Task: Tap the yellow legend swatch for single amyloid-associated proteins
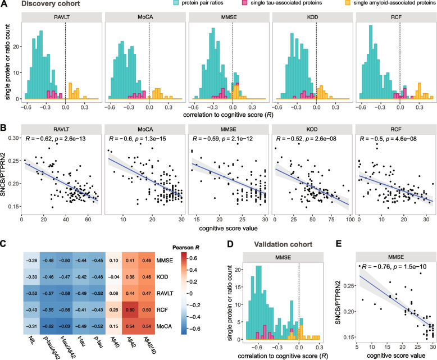point(342,4)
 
